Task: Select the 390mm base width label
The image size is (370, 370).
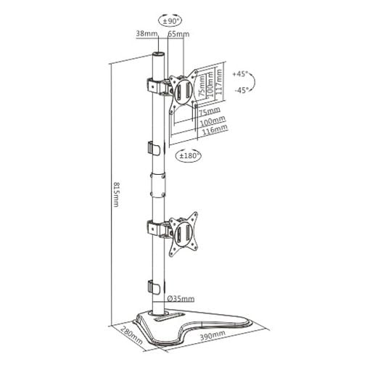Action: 213,335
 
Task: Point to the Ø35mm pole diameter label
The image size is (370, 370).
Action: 181,299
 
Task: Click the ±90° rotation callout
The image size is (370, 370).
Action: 170,21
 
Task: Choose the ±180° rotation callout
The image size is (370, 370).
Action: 189,155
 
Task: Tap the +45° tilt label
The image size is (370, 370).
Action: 241,74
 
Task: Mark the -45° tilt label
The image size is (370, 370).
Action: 242,91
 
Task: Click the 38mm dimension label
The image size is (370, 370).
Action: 147,33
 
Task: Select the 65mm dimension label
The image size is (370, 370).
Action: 178,34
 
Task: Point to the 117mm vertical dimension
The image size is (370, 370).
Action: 219,82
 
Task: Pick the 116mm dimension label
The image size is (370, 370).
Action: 215,130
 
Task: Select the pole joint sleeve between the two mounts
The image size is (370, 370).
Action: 158,185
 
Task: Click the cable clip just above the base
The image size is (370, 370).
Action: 154,287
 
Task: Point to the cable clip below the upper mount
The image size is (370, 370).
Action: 154,149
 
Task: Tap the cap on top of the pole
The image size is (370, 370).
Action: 158,54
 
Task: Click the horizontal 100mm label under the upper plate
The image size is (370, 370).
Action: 213,120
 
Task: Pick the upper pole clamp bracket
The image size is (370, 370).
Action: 158,86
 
